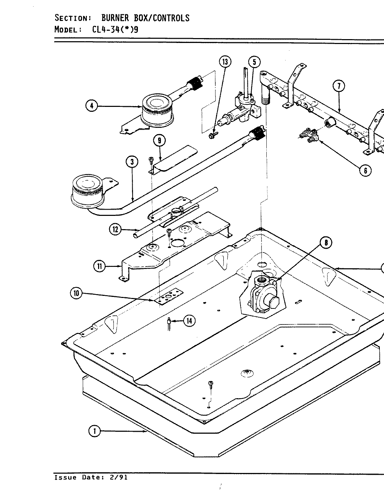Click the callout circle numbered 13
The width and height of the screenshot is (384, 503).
tap(225, 62)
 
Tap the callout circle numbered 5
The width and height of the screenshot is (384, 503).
tap(254, 62)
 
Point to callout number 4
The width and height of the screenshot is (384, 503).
tap(92, 105)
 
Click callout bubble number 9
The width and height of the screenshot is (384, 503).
tap(159, 141)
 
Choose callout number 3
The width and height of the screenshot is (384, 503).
tap(132, 162)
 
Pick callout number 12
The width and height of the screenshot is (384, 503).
tap(115, 229)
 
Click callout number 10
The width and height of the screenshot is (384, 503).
tap(76, 293)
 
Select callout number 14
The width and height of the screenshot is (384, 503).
tap(189, 321)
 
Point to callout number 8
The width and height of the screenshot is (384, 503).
tap(326, 243)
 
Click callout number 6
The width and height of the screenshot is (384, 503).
tap(365, 170)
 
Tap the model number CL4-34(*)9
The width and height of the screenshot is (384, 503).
tap(115, 29)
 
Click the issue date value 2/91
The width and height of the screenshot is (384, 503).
tap(119, 478)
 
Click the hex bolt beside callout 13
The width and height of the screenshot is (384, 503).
tap(213, 134)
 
